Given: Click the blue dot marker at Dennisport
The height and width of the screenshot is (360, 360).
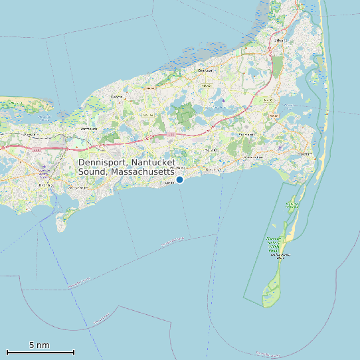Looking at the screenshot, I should [x=179, y=179].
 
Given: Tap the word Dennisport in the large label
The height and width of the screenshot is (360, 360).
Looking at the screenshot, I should [x=103, y=162].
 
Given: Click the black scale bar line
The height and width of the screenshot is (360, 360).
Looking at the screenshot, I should [x=40, y=352].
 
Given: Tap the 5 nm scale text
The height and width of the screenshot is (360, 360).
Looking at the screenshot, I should [x=39, y=345].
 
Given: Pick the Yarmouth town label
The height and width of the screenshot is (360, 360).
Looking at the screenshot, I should [x=88, y=129].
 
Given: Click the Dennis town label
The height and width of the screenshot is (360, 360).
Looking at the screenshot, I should [x=117, y=98].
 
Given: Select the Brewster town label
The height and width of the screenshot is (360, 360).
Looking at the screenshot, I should [x=205, y=70].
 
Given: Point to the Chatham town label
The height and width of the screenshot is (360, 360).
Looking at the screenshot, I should [x=304, y=154].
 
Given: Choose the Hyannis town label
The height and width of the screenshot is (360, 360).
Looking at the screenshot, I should [x=45, y=185].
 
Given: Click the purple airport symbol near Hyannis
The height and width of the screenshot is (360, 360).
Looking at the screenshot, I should [x=44, y=167].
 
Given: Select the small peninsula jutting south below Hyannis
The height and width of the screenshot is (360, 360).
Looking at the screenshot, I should [x=62, y=221].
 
